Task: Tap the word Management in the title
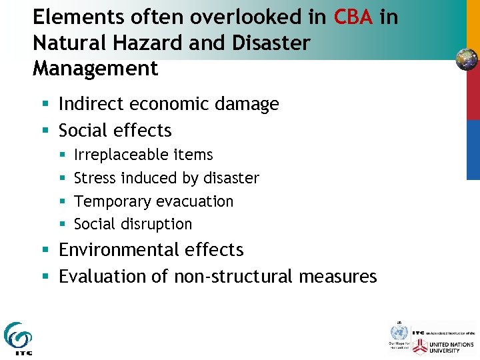[x=95, y=68]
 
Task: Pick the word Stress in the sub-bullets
[x=93, y=178]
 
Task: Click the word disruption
[x=156, y=224]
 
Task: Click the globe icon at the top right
[x=467, y=59]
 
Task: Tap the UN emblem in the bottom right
[x=399, y=332]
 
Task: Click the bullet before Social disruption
[x=61, y=225]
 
